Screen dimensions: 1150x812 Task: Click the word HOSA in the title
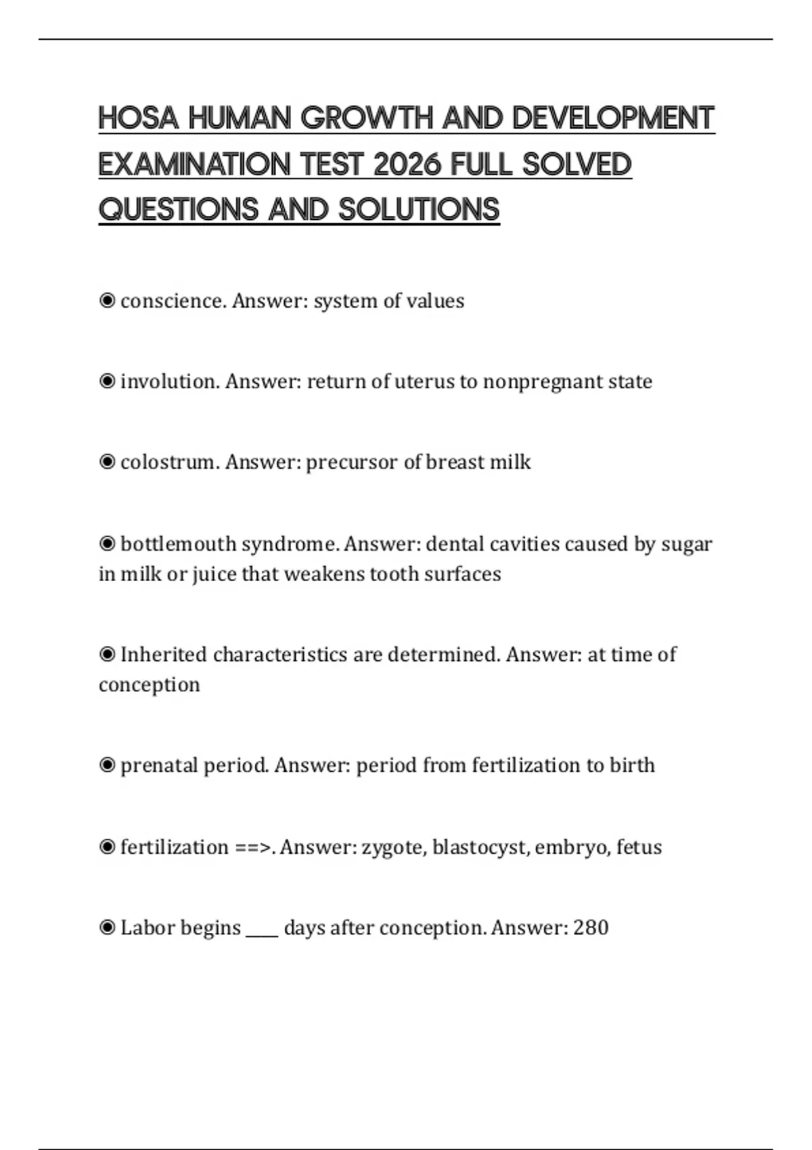(139, 118)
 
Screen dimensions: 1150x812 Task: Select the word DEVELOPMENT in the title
(613, 118)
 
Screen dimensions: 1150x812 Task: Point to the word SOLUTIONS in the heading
(419, 210)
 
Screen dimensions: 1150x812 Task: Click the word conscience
(173, 301)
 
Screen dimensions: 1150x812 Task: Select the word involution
(170, 382)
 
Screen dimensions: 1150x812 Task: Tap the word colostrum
(170, 462)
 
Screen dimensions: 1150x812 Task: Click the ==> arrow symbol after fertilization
(254, 848)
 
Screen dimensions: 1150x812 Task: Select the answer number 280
(591, 927)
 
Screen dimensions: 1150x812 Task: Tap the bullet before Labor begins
(107, 927)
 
